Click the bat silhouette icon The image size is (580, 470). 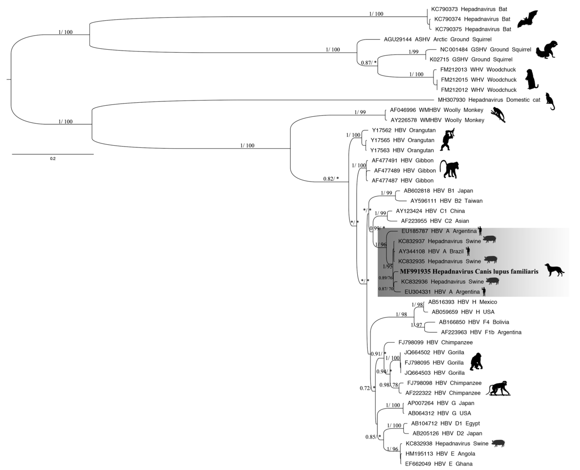click(527, 20)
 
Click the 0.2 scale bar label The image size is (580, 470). click(53, 159)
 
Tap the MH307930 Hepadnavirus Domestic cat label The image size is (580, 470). click(489, 100)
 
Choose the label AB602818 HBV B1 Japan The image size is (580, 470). click(438, 191)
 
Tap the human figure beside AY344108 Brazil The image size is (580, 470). click(468, 251)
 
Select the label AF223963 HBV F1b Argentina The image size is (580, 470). click(481, 332)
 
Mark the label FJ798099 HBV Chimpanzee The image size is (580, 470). click(435, 343)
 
